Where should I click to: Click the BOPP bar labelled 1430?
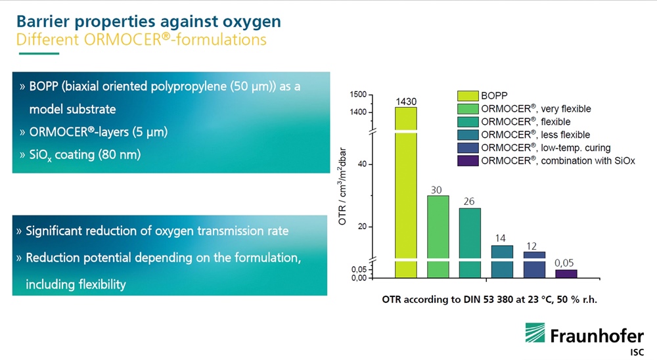[x=406, y=192]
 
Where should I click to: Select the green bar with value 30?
[x=438, y=236]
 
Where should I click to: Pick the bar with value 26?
[x=470, y=243]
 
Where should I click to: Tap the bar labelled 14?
[x=502, y=261]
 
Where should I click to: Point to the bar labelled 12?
[x=534, y=265]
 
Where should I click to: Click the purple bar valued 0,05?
[x=566, y=274]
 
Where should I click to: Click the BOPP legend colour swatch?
[x=468, y=95]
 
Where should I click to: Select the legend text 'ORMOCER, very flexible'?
[x=536, y=108]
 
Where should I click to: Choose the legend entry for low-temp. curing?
[x=545, y=148]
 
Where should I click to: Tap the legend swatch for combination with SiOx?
[x=468, y=160]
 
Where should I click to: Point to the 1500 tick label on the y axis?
[x=358, y=95]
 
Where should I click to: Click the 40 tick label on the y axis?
[x=362, y=164]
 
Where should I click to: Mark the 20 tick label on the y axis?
[x=362, y=227]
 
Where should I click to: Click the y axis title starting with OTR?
[x=342, y=186]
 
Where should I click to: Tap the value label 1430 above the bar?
[x=406, y=101]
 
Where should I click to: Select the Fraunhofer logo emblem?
[x=535, y=333]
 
